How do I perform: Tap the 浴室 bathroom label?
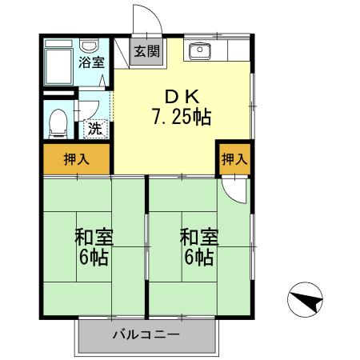pos(90,62)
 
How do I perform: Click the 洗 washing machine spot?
pos(94,127)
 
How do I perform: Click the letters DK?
pos(182,94)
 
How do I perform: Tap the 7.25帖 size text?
pos(182,117)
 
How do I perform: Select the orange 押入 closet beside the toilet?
pos(76,159)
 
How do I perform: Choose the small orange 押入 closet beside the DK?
pos(233,159)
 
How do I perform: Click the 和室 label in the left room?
pos(94,238)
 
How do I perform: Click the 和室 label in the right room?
pos(198,238)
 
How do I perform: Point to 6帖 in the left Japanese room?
pos(94,258)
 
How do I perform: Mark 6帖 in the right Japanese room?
pos(198,258)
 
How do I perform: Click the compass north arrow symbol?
pos(305,302)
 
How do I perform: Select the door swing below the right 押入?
pos(234,187)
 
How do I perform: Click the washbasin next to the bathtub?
pos(90,46)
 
